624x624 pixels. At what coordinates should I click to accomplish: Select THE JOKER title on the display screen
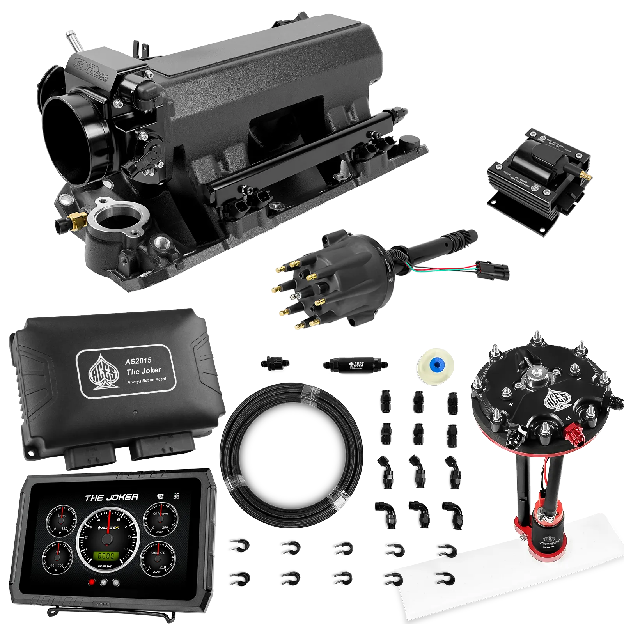112,498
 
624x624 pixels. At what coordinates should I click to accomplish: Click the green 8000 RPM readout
106,556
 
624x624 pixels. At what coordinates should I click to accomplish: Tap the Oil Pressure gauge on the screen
160,521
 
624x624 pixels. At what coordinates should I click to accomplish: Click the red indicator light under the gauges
92,582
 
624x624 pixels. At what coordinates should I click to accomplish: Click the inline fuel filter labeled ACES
355,365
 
